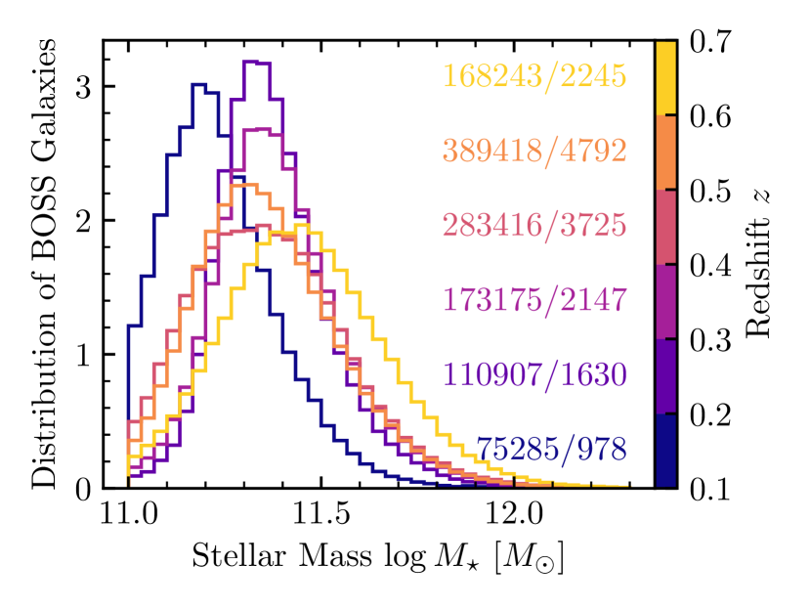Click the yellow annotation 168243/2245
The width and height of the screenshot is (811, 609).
click(x=534, y=75)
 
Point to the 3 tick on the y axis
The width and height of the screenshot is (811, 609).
click(x=83, y=86)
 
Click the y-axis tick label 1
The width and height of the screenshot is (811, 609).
click(x=83, y=354)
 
